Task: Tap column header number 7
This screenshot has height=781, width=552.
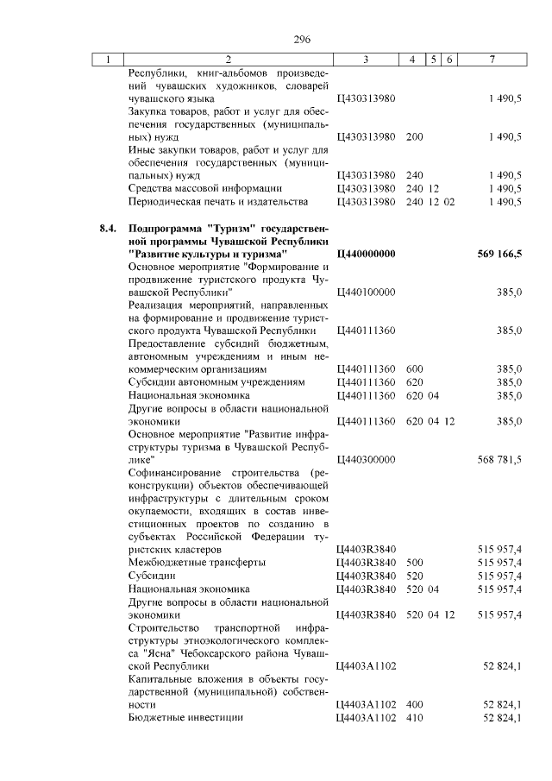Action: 491,60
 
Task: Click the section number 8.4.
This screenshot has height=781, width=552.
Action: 107,229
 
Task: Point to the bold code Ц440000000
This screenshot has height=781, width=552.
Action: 366,255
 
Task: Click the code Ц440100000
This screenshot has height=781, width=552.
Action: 366,293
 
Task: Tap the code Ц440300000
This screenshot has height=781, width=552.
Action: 366,459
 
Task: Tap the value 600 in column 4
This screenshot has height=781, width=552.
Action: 414,368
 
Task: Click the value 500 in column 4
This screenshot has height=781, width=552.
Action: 414,562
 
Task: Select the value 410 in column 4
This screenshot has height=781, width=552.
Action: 414,717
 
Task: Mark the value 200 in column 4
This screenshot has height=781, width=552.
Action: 414,136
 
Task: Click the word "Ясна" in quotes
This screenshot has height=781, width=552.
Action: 155,653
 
